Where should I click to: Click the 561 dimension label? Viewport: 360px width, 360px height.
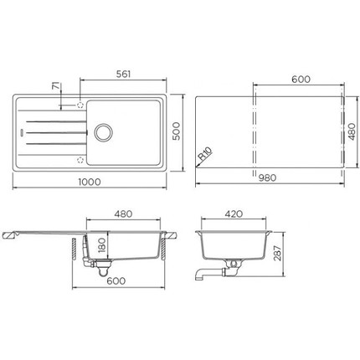(x=123, y=75)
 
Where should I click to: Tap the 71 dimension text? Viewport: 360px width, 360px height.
(x=56, y=86)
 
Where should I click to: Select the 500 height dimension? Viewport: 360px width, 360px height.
(x=177, y=131)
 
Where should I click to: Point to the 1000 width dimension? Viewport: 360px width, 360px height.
(x=90, y=182)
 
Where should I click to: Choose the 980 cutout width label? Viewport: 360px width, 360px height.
(x=267, y=177)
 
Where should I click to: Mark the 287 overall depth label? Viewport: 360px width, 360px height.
(x=277, y=253)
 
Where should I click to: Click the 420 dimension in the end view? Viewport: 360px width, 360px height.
(x=234, y=214)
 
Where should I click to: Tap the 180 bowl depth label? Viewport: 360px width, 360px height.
(x=102, y=245)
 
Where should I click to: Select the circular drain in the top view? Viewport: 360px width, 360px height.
(x=104, y=132)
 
